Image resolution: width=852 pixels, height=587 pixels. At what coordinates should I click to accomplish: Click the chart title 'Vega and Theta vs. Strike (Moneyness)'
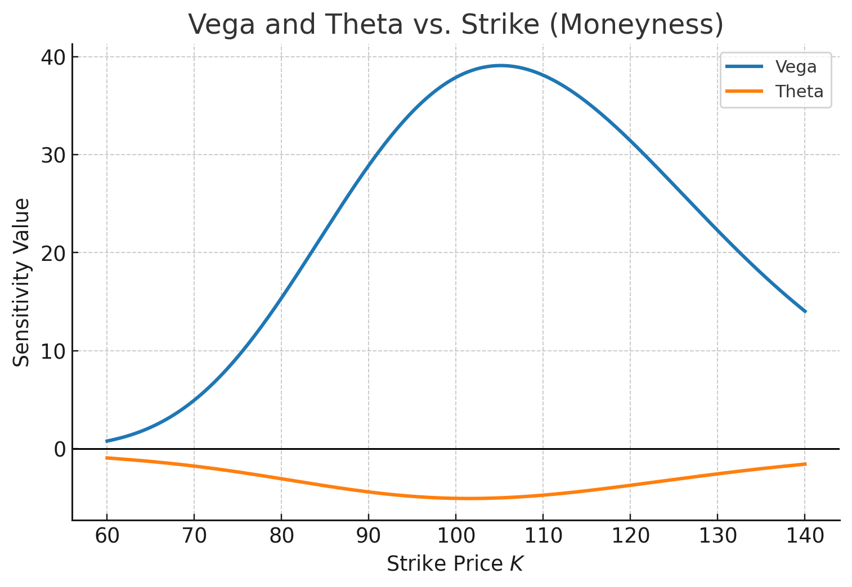pos(455,25)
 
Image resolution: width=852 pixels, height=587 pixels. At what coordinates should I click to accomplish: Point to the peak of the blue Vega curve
pos(500,65)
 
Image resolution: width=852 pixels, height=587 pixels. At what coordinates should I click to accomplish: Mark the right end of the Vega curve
pos(805,311)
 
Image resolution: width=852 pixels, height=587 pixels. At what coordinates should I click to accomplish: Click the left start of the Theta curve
pos(107,458)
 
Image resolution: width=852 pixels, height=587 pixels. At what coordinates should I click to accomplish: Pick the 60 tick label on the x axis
pos(107,536)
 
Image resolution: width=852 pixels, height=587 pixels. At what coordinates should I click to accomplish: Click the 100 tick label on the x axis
pos(455,536)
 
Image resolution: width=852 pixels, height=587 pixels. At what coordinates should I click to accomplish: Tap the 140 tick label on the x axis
pos(804,536)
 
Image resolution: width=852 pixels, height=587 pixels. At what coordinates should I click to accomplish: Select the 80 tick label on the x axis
pos(281,536)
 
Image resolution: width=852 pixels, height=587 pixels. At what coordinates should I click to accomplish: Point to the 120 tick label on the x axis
pos(630,536)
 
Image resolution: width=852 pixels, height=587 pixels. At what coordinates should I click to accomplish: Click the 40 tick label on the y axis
pos(53,57)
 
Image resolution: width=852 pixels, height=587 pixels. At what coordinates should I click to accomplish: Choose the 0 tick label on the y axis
pos(59,449)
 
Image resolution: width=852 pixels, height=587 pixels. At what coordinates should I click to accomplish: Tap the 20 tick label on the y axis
pos(53,253)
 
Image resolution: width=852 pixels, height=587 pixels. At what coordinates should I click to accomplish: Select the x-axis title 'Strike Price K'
pos(455,564)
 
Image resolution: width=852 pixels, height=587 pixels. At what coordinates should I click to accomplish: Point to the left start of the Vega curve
pos(107,441)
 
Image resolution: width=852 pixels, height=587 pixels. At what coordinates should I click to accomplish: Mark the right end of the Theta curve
pos(805,464)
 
